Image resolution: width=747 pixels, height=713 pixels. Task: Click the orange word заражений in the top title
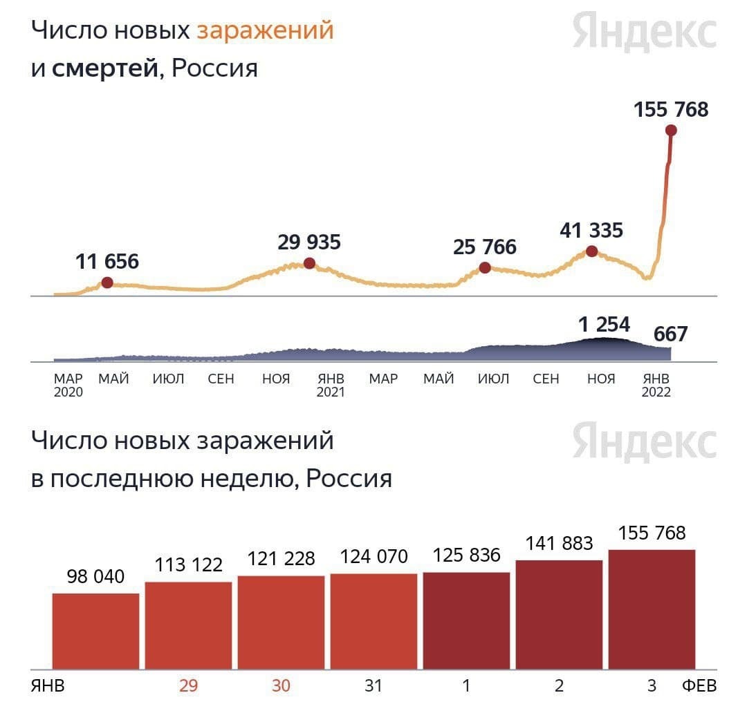265,30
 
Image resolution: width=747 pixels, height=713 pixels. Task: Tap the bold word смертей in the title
105,68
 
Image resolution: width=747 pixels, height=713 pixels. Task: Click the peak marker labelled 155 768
670,131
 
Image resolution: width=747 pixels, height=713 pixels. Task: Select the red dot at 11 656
107,282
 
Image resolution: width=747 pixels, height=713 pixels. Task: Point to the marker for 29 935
309,263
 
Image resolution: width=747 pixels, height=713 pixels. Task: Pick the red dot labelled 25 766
485,267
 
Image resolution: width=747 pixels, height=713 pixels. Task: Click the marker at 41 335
591,251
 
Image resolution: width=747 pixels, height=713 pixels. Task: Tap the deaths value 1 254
604,324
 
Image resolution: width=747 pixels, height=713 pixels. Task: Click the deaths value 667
671,334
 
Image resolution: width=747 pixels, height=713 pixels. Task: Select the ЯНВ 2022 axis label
656,386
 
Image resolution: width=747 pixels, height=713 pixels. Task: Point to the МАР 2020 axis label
68,386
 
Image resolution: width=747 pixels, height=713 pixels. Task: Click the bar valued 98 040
95,631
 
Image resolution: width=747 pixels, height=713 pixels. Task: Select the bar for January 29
188,625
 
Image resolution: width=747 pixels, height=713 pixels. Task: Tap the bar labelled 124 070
373,621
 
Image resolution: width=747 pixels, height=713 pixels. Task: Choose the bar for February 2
559,614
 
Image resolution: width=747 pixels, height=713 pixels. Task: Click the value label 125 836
466,555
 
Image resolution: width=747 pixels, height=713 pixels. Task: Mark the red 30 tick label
280,686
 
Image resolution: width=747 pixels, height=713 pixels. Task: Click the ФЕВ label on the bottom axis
699,686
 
